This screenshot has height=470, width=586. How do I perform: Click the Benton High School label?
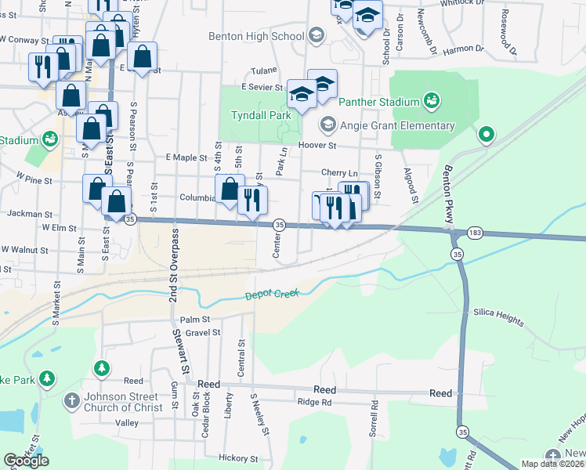[256, 36]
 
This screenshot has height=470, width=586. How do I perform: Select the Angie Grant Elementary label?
[397, 125]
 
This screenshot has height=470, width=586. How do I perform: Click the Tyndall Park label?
[261, 115]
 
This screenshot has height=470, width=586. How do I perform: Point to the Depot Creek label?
[273, 295]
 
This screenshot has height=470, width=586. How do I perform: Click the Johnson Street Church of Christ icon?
[71, 399]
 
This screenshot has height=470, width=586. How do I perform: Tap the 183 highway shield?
[474, 233]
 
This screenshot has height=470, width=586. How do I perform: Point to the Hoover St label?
[317, 145]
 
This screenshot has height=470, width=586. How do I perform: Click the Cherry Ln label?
[339, 172]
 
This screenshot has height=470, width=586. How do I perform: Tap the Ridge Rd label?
[315, 402]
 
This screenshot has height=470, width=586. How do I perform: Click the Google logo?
[26, 461]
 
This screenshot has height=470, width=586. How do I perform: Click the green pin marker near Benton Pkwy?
[486, 135]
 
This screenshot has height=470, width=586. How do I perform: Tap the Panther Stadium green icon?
[430, 101]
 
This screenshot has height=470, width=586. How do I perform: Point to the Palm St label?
[195, 319]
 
